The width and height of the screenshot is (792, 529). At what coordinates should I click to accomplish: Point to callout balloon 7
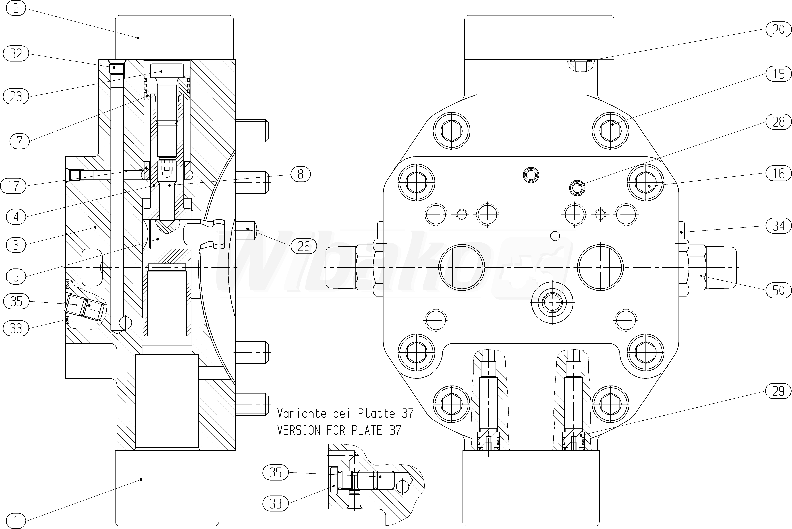19,141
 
